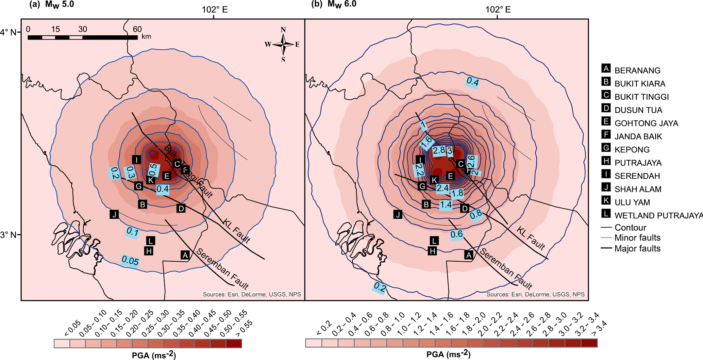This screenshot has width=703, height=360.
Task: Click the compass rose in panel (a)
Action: point(283,45)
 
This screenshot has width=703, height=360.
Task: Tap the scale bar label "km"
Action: point(146,36)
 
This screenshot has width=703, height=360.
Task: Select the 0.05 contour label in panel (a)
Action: point(130,261)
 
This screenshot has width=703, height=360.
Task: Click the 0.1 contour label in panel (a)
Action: point(132,232)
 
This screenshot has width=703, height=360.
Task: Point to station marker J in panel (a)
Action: point(114,214)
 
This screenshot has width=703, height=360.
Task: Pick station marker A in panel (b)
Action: point(469,255)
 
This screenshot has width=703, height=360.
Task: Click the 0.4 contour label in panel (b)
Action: point(473,82)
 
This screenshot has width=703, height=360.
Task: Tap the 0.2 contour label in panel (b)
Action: point(380,288)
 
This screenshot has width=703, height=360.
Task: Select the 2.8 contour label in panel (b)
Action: point(439,150)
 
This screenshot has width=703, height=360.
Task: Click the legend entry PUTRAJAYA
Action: point(638,163)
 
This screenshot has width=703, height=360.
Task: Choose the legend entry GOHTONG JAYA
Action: point(646,123)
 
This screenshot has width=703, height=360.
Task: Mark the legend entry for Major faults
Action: point(637,249)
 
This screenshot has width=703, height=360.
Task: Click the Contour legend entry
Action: point(630,228)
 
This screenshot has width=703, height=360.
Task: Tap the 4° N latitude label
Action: point(9,32)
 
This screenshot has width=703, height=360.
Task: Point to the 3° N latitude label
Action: point(9,235)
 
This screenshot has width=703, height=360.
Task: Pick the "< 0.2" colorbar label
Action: point(324,328)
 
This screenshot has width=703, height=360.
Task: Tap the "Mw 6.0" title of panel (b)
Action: point(342,4)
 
